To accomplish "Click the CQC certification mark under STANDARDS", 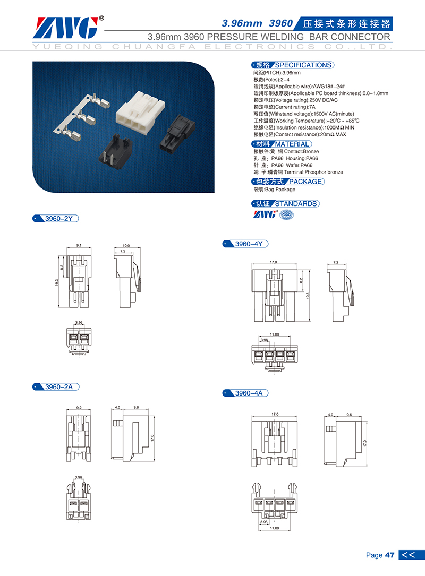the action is (287, 214).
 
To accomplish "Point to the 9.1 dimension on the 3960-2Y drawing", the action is (79, 245).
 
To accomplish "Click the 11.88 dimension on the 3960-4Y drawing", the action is (274, 334).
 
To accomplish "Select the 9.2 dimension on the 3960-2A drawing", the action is (79, 407).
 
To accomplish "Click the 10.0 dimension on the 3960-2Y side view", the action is (126, 245).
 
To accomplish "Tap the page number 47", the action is (390, 555).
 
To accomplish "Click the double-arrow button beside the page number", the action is (411, 555).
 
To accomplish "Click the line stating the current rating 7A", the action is (285, 107).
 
